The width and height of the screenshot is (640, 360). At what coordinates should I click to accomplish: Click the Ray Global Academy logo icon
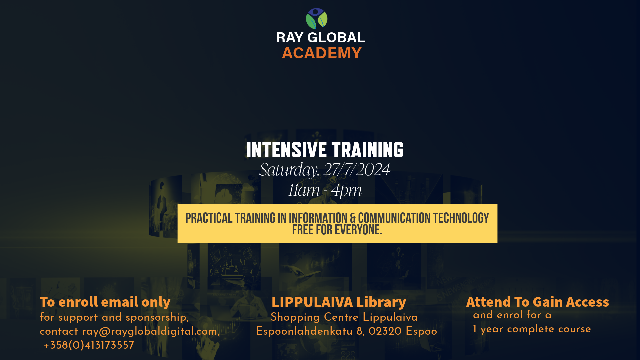[x=317, y=19]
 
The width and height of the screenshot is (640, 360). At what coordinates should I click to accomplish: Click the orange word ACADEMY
[x=322, y=53]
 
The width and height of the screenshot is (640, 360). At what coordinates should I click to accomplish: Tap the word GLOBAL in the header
[x=336, y=37]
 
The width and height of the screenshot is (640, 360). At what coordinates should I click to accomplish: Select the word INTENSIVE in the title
[x=286, y=150]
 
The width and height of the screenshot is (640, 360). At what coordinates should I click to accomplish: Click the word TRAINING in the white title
[x=368, y=150]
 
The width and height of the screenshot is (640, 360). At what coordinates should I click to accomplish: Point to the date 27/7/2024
[x=357, y=170]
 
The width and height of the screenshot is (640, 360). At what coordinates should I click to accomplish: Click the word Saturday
[x=289, y=170]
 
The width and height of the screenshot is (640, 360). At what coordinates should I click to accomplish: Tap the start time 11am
[x=304, y=190]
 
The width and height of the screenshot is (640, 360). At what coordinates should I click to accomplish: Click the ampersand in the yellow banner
[x=353, y=218]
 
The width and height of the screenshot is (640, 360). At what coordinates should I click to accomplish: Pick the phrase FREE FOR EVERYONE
[x=337, y=230]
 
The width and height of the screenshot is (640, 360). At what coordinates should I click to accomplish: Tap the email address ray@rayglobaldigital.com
[x=151, y=331]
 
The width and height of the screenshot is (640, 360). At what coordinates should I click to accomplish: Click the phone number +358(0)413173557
[x=89, y=345]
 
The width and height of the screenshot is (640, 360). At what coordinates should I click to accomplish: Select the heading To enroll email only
[x=105, y=302]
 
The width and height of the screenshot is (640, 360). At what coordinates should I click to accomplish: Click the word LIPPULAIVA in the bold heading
[x=312, y=302]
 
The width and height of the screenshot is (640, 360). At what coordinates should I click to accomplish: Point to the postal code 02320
[x=385, y=331]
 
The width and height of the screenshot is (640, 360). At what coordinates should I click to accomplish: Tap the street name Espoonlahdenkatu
[x=304, y=332]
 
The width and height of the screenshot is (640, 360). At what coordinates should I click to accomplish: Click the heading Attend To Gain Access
[x=537, y=302]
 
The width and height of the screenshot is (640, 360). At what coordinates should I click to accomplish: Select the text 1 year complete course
[x=532, y=329]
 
